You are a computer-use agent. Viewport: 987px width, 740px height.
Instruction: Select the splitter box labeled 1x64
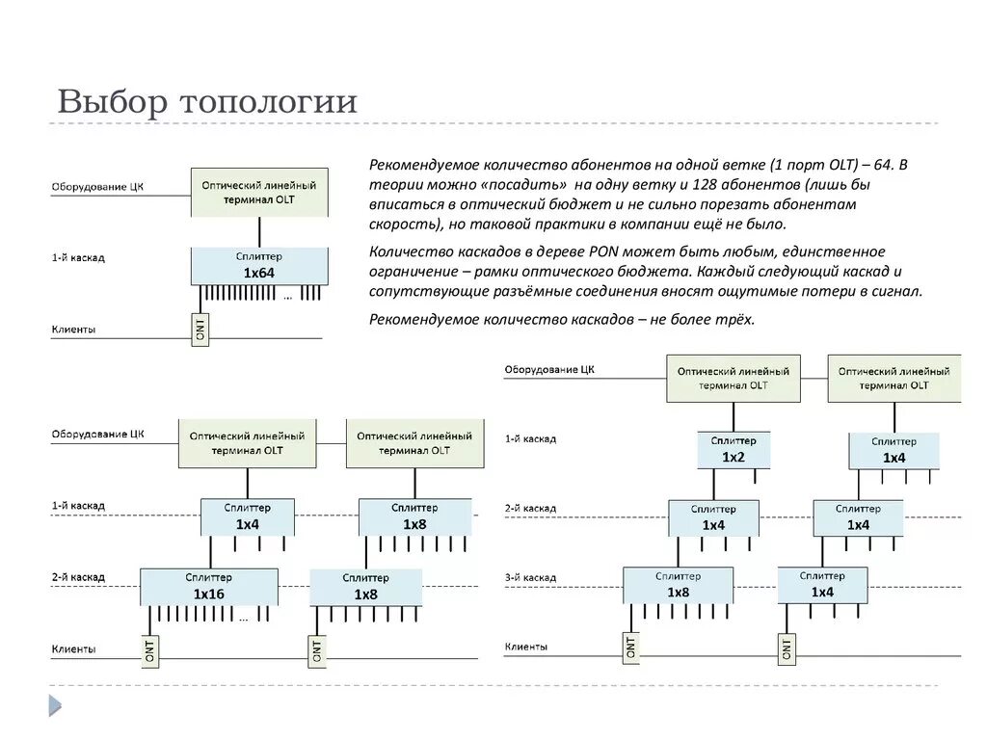(x=259, y=265)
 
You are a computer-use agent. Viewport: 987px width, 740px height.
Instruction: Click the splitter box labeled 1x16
(x=208, y=586)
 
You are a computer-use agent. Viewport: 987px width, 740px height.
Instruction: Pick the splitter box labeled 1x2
(x=734, y=449)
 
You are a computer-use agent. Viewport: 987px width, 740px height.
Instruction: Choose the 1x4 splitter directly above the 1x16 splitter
(x=248, y=516)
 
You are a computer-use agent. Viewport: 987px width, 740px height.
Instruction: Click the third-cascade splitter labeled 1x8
(x=678, y=585)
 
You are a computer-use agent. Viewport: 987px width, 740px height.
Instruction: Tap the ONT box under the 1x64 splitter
(x=200, y=329)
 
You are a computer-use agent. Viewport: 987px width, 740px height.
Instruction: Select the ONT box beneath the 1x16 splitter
(x=150, y=650)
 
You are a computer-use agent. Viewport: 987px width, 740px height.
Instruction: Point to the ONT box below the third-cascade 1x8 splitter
(x=629, y=647)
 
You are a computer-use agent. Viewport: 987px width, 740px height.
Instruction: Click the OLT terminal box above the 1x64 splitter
(x=259, y=192)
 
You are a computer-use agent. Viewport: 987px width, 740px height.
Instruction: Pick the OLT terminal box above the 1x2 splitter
(x=734, y=378)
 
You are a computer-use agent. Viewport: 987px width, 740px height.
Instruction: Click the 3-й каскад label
(x=530, y=577)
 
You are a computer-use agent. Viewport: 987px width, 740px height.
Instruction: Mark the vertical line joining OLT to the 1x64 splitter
(x=259, y=232)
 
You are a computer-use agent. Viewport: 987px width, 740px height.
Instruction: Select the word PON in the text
(x=584, y=251)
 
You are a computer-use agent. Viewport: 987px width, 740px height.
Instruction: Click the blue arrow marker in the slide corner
(x=55, y=707)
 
